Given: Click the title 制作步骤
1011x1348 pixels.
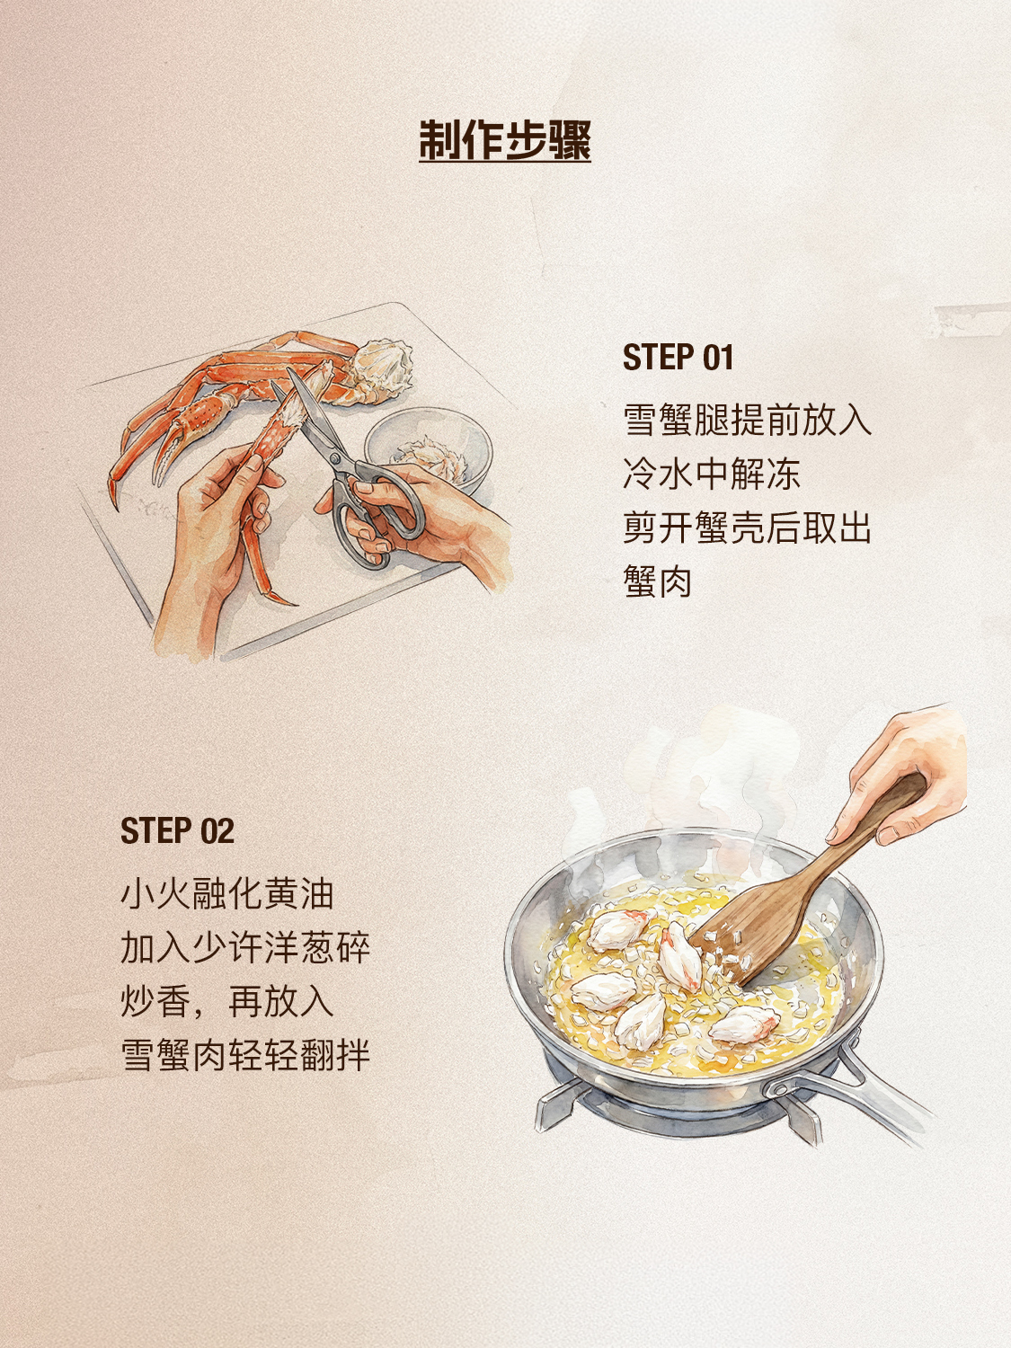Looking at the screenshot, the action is point(504,140).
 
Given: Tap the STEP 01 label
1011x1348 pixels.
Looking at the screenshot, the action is point(678,358).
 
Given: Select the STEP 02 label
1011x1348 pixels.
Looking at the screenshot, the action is point(177,831).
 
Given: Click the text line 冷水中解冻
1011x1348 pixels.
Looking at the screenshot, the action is point(712,474).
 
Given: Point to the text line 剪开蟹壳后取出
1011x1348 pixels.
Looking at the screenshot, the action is point(747,528).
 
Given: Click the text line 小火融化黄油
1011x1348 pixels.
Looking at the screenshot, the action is point(227,893).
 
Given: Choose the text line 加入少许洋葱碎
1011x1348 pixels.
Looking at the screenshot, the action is point(245,947).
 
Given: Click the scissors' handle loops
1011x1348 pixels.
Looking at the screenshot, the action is point(376,515).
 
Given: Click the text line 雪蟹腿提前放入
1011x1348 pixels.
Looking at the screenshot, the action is point(747,420).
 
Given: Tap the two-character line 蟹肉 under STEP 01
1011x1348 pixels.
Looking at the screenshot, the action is point(658,581).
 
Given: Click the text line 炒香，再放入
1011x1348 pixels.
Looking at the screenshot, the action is point(227,1002).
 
